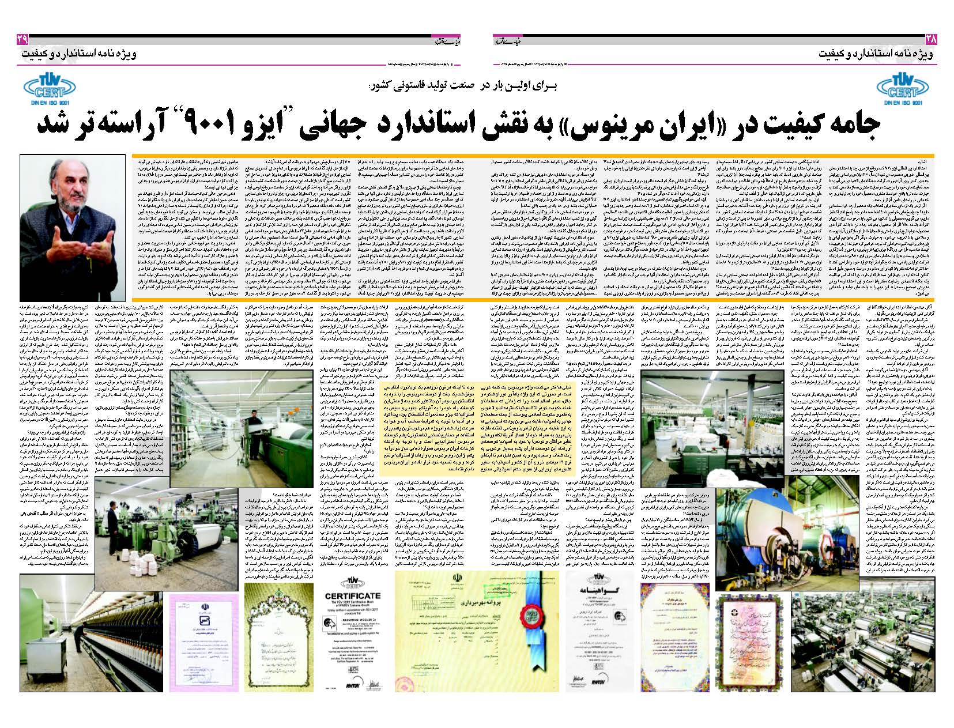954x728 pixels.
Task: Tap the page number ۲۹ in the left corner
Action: point(22,39)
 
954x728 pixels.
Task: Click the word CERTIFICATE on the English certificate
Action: point(353,595)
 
